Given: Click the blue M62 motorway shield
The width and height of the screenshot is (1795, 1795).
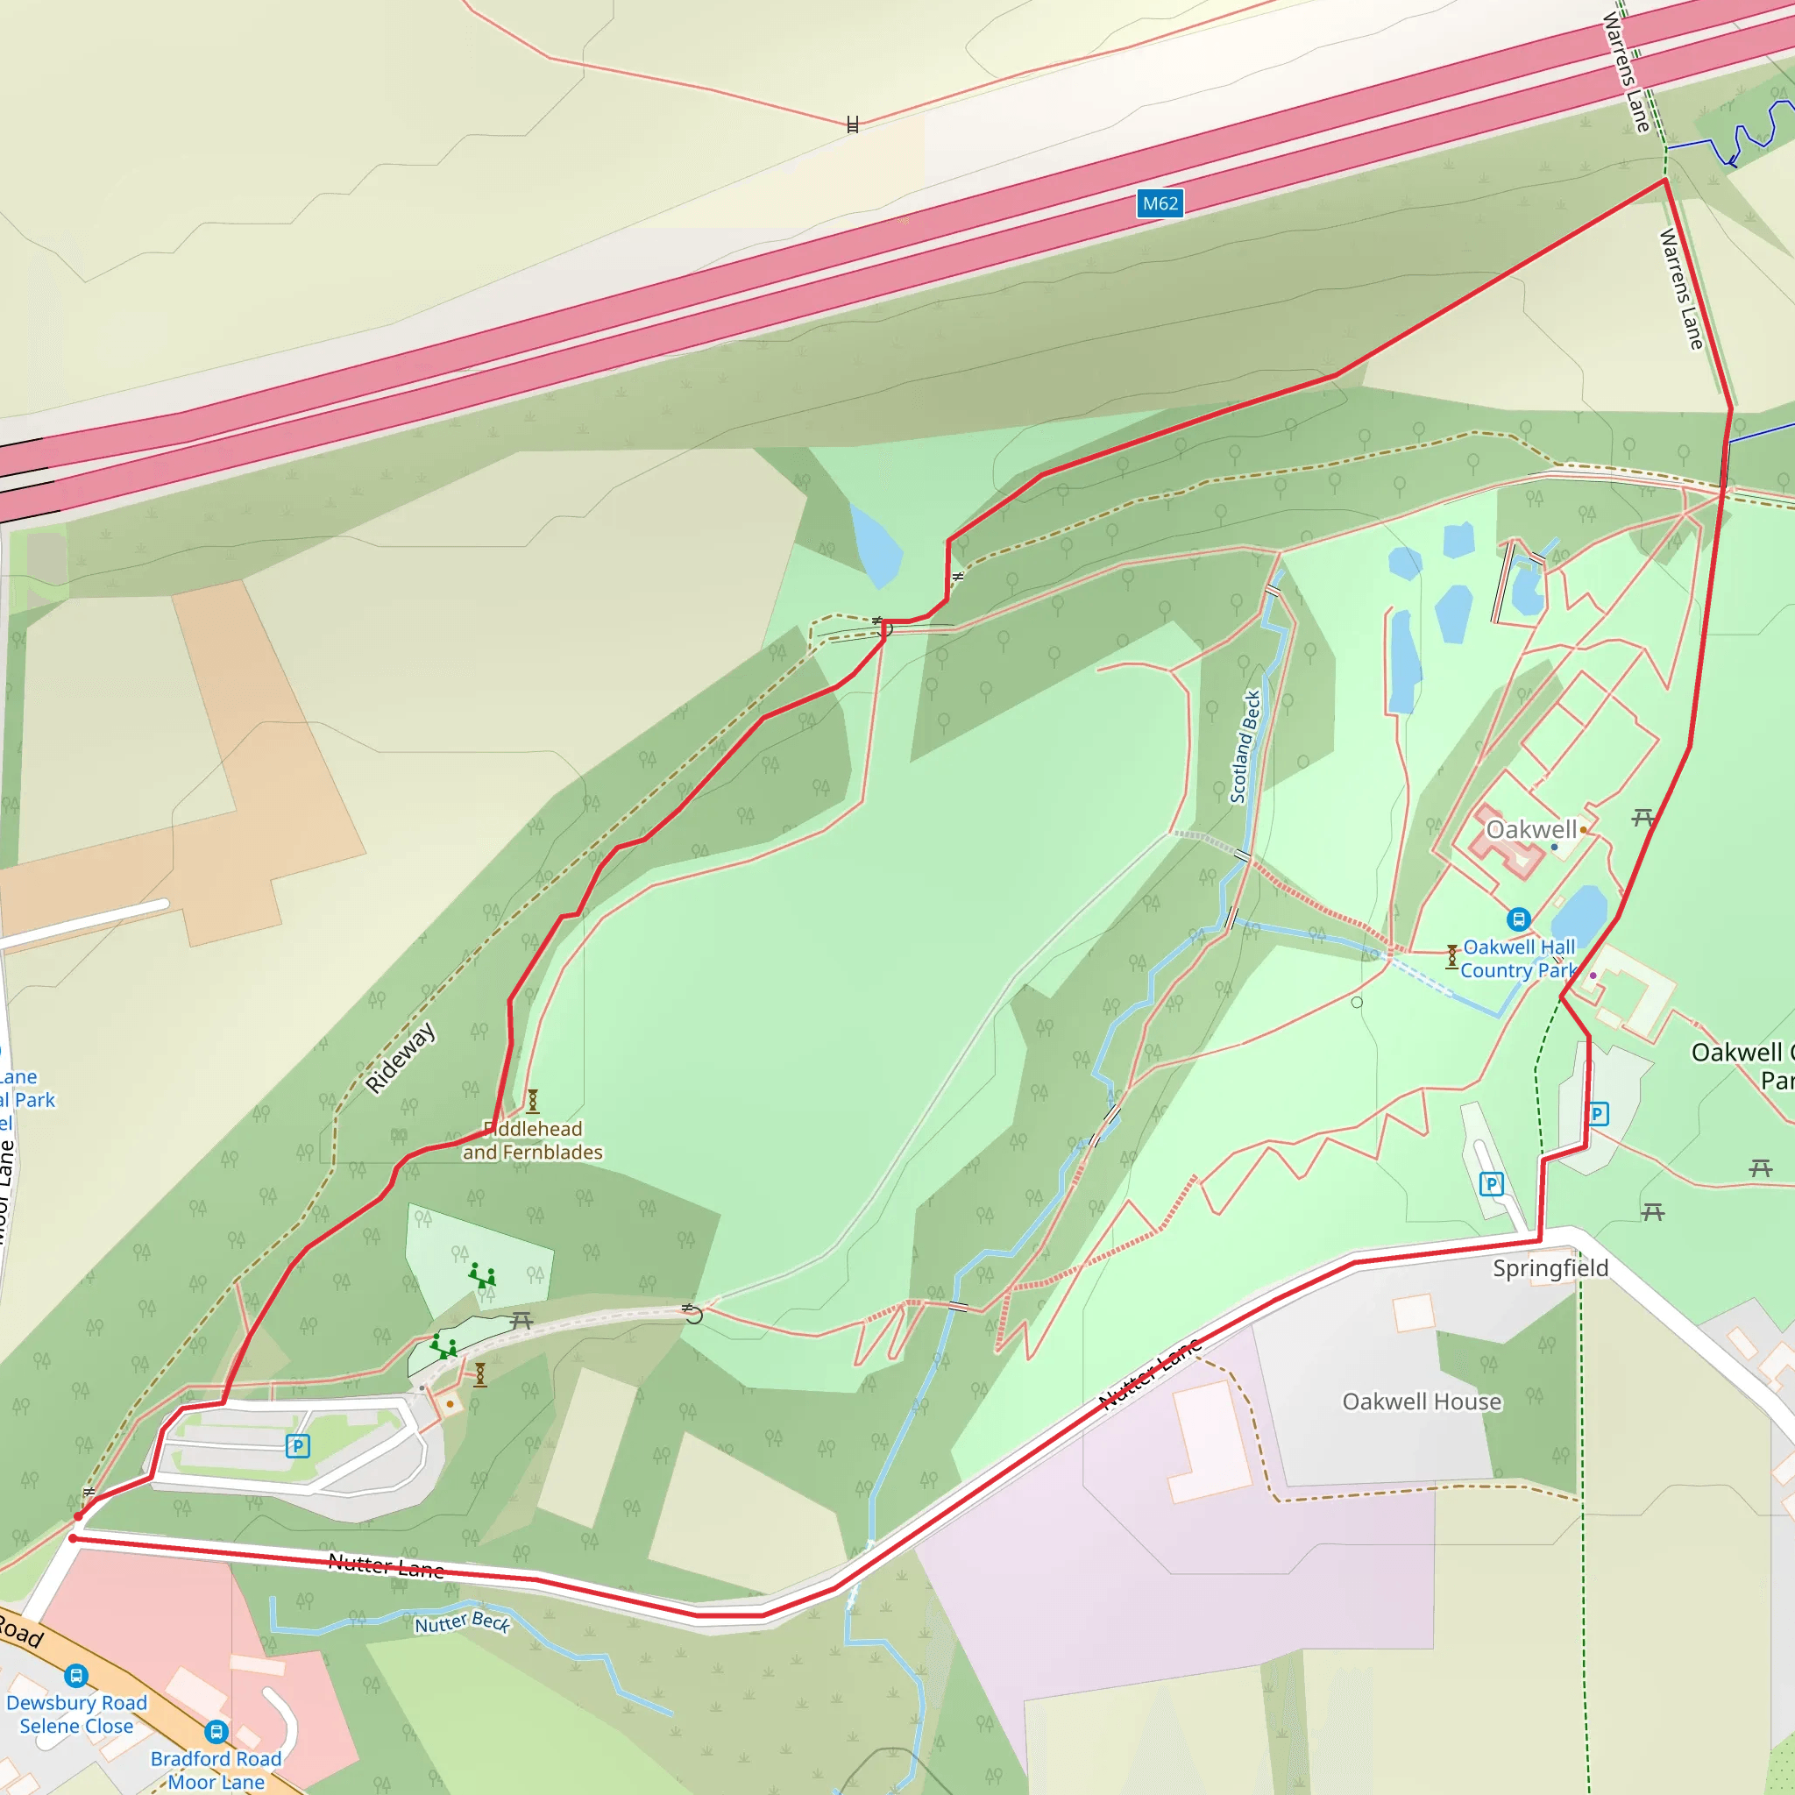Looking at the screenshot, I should tap(1160, 203).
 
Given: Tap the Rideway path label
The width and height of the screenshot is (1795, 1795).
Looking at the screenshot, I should tap(401, 1057).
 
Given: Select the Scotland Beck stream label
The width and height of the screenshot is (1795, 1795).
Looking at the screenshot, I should tap(1245, 746).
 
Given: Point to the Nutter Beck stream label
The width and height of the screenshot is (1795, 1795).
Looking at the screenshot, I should tap(462, 1622).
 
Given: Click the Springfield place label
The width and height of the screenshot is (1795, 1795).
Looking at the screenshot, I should tap(1550, 1268).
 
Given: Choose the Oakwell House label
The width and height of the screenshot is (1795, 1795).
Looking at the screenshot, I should tap(1422, 1401).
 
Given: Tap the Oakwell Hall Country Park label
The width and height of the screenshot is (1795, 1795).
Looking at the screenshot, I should tap(1518, 959).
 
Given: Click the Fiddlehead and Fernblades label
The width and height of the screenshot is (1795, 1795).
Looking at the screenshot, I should tap(532, 1140).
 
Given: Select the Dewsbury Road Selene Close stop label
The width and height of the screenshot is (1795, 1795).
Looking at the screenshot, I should tap(76, 1714).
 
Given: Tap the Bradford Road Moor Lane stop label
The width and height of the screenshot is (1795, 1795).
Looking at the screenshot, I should tap(216, 1770).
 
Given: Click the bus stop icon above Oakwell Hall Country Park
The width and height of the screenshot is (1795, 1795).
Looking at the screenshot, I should tap(1518, 919).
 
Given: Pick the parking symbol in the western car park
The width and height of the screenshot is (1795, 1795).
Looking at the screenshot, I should tap(297, 1445).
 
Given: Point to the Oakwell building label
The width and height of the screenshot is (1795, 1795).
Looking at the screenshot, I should tap(1531, 830).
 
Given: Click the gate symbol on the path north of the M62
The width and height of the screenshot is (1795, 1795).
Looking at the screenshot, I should tap(852, 124).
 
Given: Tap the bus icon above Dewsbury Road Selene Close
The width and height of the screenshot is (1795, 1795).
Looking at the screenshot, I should tap(76, 1675).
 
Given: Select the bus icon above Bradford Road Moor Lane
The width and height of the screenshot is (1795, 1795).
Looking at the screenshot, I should tap(216, 1731).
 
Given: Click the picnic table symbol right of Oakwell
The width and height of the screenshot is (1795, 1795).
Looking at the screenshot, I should tap(1642, 818).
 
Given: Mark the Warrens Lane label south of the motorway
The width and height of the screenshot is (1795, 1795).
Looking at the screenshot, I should tap(1682, 289).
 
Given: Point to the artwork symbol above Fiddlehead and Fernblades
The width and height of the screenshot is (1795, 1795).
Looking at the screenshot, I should tap(532, 1101).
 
